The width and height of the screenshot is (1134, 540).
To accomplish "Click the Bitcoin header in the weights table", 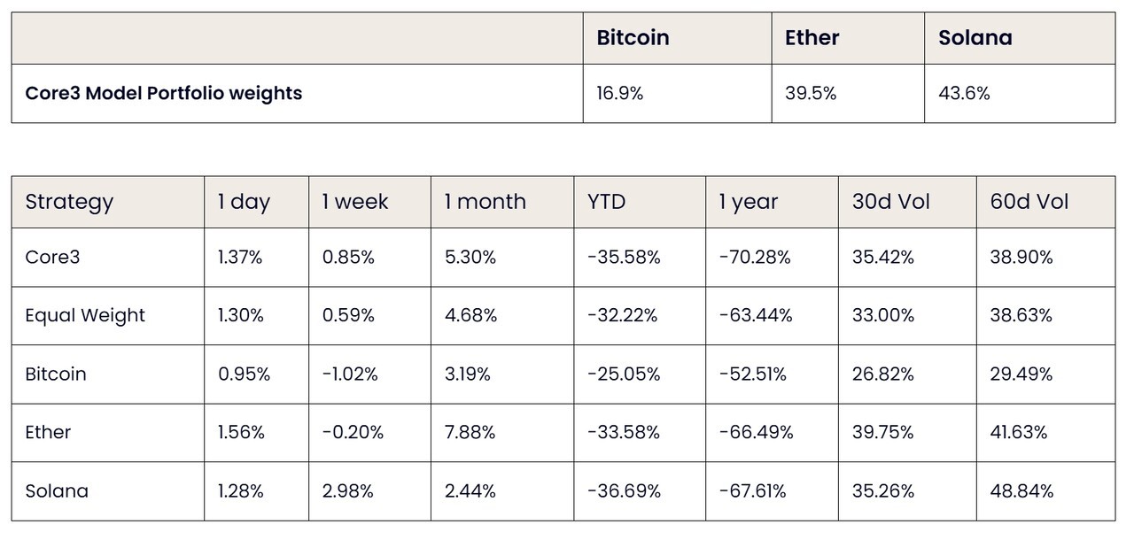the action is point(633,38).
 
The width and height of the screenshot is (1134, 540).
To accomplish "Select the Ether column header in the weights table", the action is point(812,38).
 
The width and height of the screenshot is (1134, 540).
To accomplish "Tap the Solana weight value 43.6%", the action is point(964,93).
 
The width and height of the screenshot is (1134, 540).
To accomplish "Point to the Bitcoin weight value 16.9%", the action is point(619,93).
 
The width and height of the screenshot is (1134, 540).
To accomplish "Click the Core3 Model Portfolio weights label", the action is point(164,94).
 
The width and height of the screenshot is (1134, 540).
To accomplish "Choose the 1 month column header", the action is point(485,202).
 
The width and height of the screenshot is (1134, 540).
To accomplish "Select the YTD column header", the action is point(607,202).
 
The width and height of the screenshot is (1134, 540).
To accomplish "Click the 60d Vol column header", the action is point(1029,202).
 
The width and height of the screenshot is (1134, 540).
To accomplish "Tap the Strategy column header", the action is point(69,203).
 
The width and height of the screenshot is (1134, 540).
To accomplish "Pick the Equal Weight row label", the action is point(85,315).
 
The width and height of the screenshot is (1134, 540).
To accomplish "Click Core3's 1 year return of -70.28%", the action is point(755,258).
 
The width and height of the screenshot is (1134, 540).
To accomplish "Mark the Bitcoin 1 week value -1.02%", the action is point(350,374).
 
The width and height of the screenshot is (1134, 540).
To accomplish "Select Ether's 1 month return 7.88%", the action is point(470,432).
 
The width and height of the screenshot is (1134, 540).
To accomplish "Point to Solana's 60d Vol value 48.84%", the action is point(1021,491).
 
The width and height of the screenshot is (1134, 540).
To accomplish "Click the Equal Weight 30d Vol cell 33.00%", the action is point(883,315).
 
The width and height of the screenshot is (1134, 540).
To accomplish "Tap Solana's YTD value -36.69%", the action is point(625,491).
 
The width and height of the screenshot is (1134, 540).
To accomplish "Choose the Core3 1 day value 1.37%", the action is point(240,258).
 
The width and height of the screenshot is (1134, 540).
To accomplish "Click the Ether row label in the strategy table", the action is point(48,432).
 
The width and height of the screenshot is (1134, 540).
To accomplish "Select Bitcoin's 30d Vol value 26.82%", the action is point(883,374).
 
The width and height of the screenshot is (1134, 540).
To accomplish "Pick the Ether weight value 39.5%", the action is point(811,93).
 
